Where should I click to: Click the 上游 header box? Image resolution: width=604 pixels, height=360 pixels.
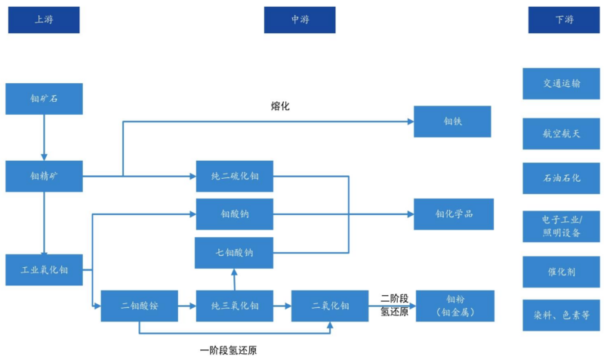coord(43,20)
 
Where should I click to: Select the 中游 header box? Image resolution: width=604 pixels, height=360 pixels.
coord(300,20)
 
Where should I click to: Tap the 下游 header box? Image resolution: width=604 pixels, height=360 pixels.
coord(564,20)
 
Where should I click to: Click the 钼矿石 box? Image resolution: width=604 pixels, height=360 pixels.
coord(44,99)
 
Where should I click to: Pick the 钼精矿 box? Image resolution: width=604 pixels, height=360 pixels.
coord(44,176)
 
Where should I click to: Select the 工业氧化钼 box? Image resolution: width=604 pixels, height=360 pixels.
coord(44,270)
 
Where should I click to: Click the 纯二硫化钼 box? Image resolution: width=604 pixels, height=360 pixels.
coord(234,176)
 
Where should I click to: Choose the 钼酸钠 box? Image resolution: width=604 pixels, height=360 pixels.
coord(234,214)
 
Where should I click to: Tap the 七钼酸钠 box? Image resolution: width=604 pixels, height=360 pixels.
coord(234,253)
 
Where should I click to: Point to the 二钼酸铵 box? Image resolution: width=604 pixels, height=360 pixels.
coord(140,306)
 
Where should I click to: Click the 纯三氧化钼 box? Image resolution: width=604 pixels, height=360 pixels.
coord(234,306)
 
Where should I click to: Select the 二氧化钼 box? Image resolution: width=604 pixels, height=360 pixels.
coord(330,306)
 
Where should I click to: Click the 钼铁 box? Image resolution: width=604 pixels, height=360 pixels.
coord(452,122)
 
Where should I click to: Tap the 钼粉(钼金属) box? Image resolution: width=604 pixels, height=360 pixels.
coord(455,306)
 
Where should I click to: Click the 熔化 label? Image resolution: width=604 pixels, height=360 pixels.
coord(280,106)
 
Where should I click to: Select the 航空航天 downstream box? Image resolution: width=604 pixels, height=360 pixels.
coord(561,134)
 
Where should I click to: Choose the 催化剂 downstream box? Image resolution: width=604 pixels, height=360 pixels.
coord(561,272)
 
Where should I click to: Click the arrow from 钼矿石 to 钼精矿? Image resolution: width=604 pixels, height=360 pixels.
coord(44,137)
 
